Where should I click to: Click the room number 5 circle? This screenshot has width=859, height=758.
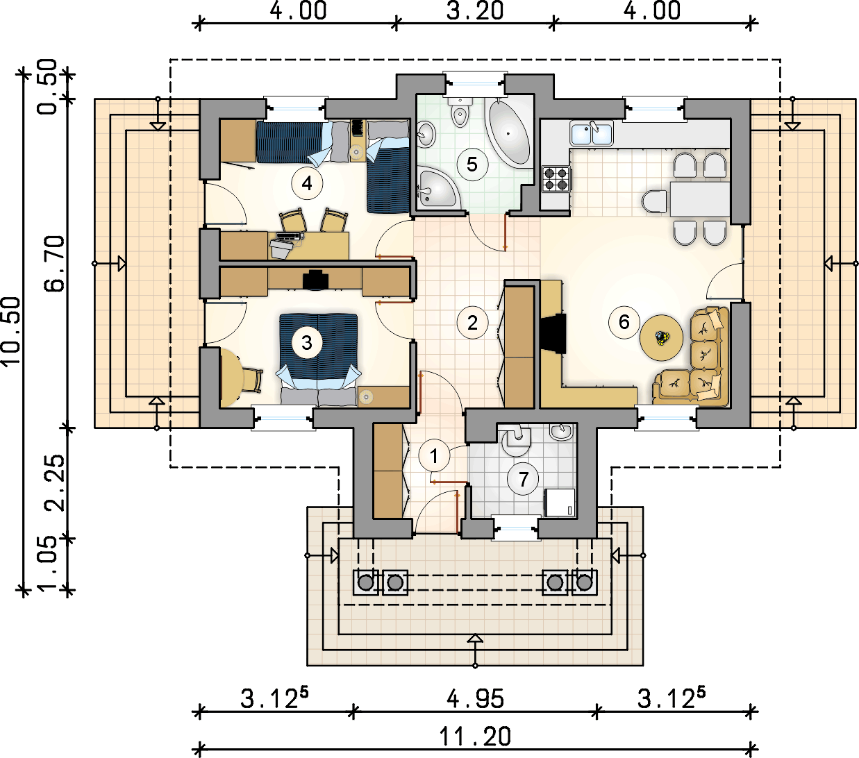(472, 165)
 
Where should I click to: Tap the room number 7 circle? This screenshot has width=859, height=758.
(523, 480)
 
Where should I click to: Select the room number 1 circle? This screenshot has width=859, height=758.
(434, 456)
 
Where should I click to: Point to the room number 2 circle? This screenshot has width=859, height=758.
(472, 323)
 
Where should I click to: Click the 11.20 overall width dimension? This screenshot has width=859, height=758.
(475, 736)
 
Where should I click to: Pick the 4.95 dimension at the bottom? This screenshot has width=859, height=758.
(475, 698)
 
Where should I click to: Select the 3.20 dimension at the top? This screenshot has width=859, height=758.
(475, 10)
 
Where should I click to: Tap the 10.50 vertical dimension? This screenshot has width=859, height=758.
(10, 331)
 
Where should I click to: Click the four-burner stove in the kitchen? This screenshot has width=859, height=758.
(556, 178)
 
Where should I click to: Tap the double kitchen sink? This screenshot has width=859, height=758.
(592, 133)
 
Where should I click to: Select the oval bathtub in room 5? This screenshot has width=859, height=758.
(509, 133)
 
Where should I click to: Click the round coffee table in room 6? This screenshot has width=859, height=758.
(661, 337)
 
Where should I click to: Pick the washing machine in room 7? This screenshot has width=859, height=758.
(560, 503)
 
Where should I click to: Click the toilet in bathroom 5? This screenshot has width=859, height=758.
(460, 112)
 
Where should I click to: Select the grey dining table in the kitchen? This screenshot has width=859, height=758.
(699, 199)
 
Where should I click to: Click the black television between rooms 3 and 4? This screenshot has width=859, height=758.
(315, 280)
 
